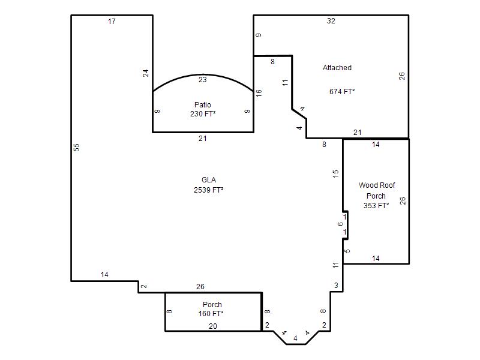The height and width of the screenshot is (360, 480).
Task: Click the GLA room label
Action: [208, 180]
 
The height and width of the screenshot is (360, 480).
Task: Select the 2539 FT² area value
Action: [208, 190]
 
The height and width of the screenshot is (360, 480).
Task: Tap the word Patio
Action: [203, 105]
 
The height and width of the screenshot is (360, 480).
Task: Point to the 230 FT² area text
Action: [203, 114]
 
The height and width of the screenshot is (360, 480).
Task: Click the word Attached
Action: [337, 68]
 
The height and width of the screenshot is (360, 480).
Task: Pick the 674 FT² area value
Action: [342, 92]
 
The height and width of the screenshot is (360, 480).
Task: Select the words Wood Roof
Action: [377, 185]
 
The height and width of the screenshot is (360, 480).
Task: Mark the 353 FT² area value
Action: [376, 205]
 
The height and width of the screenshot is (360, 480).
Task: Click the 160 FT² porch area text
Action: [211, 314]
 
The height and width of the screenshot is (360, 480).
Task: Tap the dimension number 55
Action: [77, 147]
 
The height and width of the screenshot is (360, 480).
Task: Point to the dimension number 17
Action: [112, 22]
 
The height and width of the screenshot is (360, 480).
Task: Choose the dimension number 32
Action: [331, 21]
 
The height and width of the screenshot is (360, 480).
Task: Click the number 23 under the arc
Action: [203, 80]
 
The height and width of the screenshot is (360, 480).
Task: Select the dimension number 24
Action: [146, 73]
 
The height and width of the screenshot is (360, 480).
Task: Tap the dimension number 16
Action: [259, 93]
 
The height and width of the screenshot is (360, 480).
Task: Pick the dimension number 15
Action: [336, 174]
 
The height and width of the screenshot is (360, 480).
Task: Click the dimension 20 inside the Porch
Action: [213, 326]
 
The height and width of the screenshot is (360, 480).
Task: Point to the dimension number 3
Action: [336, 286]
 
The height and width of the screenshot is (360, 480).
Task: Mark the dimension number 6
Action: [340, 224]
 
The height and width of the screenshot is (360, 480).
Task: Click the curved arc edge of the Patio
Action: [203, 74]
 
